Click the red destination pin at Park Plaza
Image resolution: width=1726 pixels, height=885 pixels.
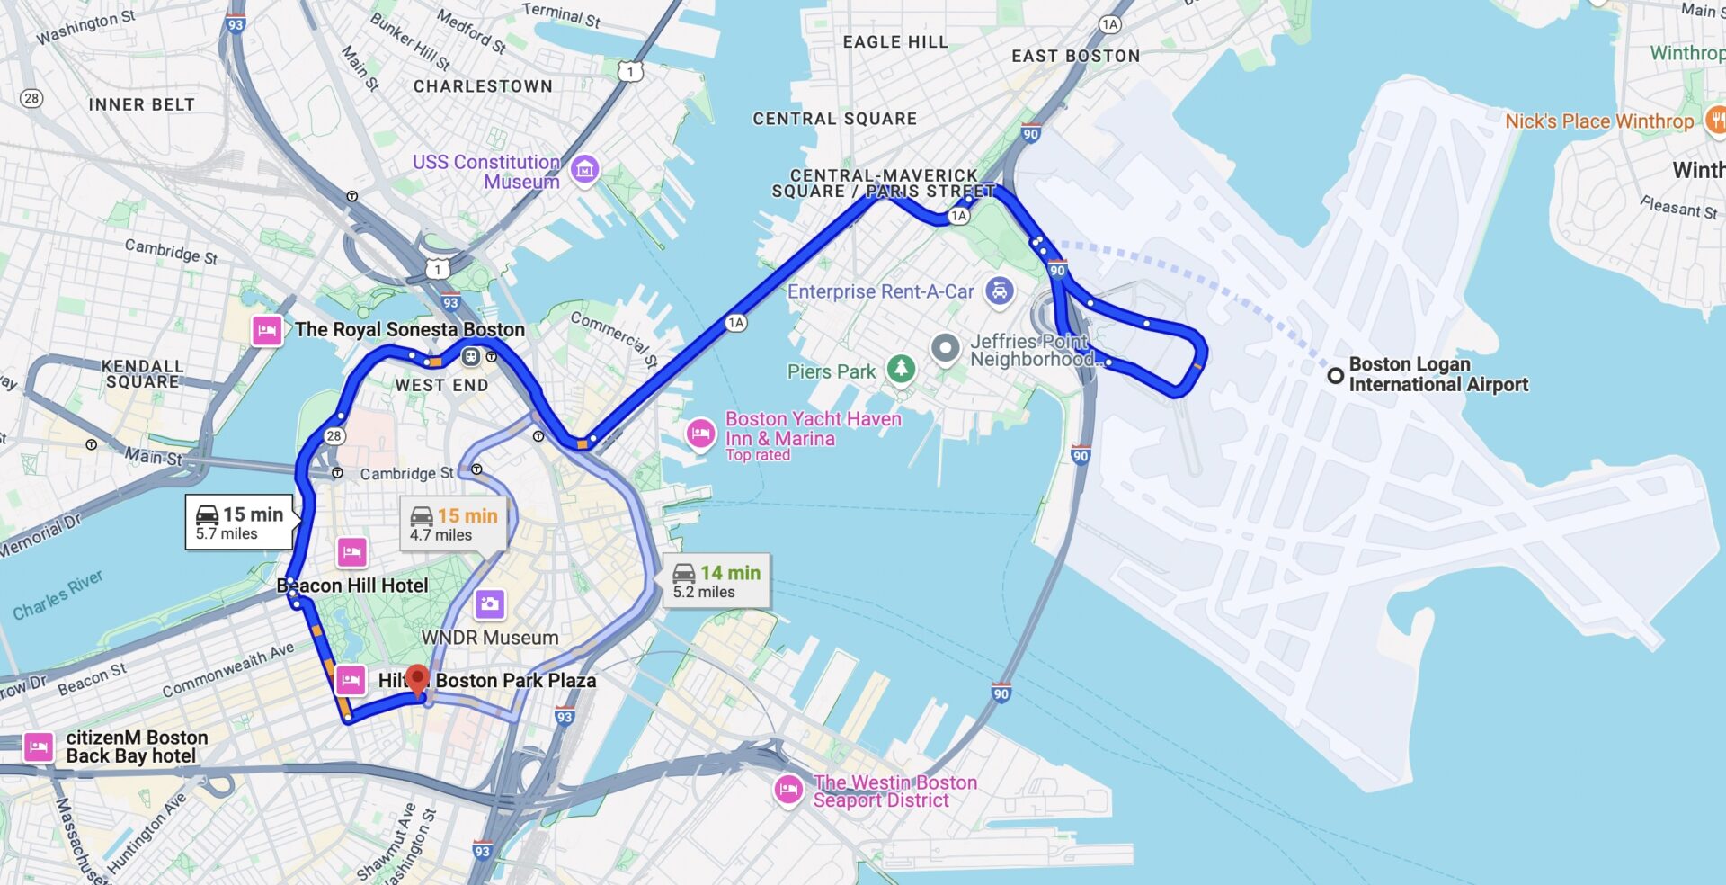[x=416, y=679]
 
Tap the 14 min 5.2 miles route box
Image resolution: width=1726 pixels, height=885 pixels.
[x=716, y=581]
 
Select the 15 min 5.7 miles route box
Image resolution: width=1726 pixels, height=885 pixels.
[x=239, y=522]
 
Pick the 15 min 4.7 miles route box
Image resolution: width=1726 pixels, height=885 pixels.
[x=453, y=524]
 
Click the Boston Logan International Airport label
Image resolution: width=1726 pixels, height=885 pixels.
[x=1437, y=374]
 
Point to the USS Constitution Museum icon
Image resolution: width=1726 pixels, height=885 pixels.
[x=585, y=168]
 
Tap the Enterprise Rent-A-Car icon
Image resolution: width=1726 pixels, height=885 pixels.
[x=1000, y=291]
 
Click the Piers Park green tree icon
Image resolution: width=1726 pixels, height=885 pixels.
[x=901, y=368]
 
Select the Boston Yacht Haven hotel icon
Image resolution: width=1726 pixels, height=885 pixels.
[x=700, y=434]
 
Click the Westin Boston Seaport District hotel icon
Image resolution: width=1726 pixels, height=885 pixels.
[x=788, y=790]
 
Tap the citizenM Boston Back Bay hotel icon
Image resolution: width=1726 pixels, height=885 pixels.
[x=38, y=746]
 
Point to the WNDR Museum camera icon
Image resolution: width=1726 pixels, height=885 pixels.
[x=490, y=603]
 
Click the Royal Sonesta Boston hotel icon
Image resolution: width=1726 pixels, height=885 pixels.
[x=266, y=330]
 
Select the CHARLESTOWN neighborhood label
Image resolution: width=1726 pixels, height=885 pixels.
[x=483, y=86]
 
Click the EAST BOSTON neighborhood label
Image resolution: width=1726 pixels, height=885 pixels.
[x=1075, y=56]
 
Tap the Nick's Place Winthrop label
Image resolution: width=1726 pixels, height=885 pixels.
[x=1598, y=121]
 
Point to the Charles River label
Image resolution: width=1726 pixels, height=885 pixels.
[x=58, y=595]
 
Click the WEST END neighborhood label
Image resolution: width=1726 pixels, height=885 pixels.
[x=441, y=385]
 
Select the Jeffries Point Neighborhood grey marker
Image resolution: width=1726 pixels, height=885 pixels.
[x=945, y=347]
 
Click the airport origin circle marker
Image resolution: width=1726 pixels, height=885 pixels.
[x=1336, y=375]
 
